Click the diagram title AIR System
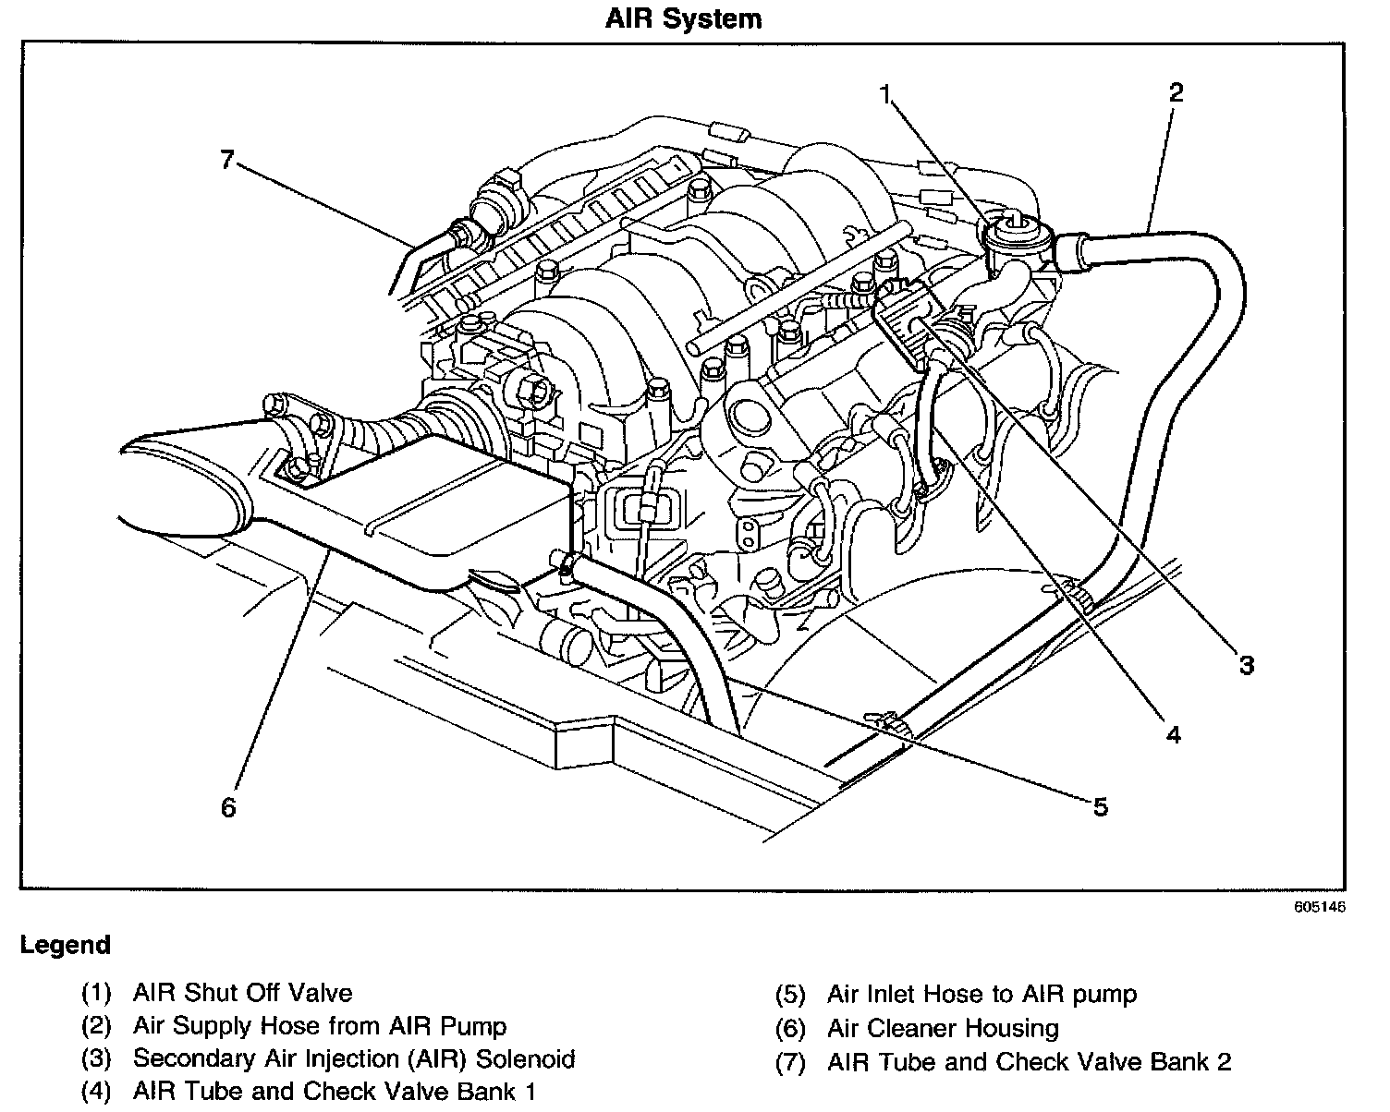click(x=683, y=19)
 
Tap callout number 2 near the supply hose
click(x=1175, y=92)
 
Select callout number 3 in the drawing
click(x=1246, y=664)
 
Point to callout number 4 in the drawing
click(x=1173, y=734)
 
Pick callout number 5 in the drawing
click(x=1100, y=807)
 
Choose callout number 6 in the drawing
click(x=228, y=807)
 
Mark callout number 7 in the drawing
click(x=227, y=159)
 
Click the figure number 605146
click(x=1319, y=907)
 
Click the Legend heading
click(x=65, y=945)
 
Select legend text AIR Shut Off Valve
click(x=242, y=993)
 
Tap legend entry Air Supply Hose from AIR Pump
click(x=319, y=1025)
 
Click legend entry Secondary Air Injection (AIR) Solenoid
click(x=354, y=1058)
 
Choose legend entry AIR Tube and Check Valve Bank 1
click(x=334, y=1091)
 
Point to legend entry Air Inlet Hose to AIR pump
click(x=982, y=994)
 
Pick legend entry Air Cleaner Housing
click(x=943, y=1028)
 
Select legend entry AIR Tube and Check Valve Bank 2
click(x=1029, y=1062)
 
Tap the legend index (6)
click(x=791, y=1028)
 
